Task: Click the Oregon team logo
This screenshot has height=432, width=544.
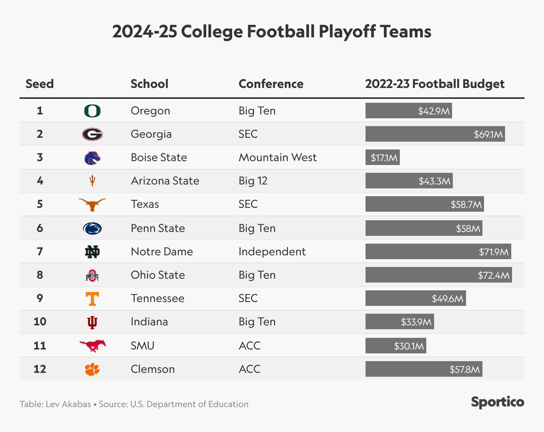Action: click(92, 111)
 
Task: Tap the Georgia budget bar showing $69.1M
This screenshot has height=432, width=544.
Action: click(435, 134)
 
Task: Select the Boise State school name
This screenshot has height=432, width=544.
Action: click(159, 157)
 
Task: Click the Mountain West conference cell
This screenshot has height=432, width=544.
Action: click(277, 157)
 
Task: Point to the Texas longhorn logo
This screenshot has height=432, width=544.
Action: click(92, 204)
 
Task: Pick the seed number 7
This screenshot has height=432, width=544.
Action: click(40, 251)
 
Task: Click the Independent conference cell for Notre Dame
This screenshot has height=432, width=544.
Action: click(272, 251)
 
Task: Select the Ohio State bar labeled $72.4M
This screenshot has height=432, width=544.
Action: click(438, 275)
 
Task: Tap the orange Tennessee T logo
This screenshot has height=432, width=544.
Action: click(92, 299)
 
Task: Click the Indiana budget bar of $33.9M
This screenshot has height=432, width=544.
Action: click(399, 322)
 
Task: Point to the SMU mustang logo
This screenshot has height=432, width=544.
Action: click(92, 345)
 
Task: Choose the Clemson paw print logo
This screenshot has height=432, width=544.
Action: click(92, 369)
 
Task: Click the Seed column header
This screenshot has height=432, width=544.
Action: click(40, 84)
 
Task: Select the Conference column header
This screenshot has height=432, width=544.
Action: click(271, 84)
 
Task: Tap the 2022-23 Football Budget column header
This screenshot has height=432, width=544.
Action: click(434, 84)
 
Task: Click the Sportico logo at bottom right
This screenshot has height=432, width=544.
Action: click(498, 402)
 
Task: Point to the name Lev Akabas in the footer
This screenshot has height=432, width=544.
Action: click(68, 404)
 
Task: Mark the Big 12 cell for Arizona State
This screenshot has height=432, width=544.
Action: click(253, 181)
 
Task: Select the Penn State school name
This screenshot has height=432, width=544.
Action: click(158, 228)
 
